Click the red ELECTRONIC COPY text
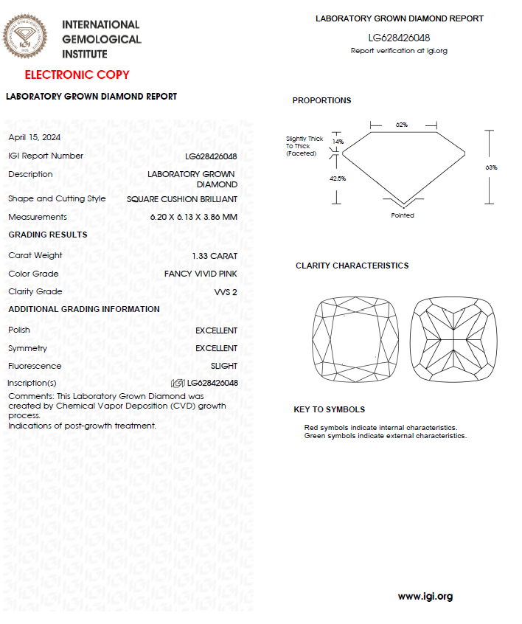point(77,74)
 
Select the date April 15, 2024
point(34,137)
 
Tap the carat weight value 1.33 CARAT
point(215,256)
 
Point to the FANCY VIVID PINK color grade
point(201,274)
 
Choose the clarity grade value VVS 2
point(226,292)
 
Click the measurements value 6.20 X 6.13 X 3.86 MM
point(193,217)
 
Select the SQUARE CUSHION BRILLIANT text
point(182,199)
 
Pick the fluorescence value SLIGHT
point(224,366)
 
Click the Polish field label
point(18,330)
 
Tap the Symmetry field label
point(27,348)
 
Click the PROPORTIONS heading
point(321,100)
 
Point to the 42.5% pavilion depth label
point(338,178)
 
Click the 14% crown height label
point(338,141)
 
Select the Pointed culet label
point(403,215)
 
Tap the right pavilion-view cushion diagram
point(452,339)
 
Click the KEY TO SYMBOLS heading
point(329,409)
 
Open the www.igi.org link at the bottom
point(425,596)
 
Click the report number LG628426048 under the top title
point(399,38)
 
